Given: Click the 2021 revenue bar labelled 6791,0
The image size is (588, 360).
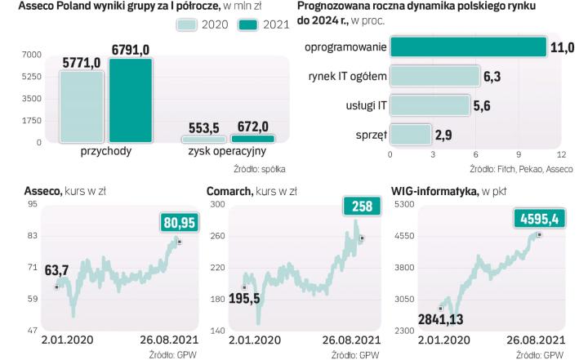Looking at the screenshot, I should pos(130,101).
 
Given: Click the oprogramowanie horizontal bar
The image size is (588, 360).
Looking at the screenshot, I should pos(468,47).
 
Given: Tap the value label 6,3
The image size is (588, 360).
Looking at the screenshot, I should pos(492,77).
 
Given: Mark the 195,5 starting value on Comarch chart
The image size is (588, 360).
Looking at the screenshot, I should pos(243,299).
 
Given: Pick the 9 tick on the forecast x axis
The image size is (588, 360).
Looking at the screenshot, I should pos(519,154).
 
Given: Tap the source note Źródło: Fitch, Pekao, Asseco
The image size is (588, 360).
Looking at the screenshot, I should pos(521,170).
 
